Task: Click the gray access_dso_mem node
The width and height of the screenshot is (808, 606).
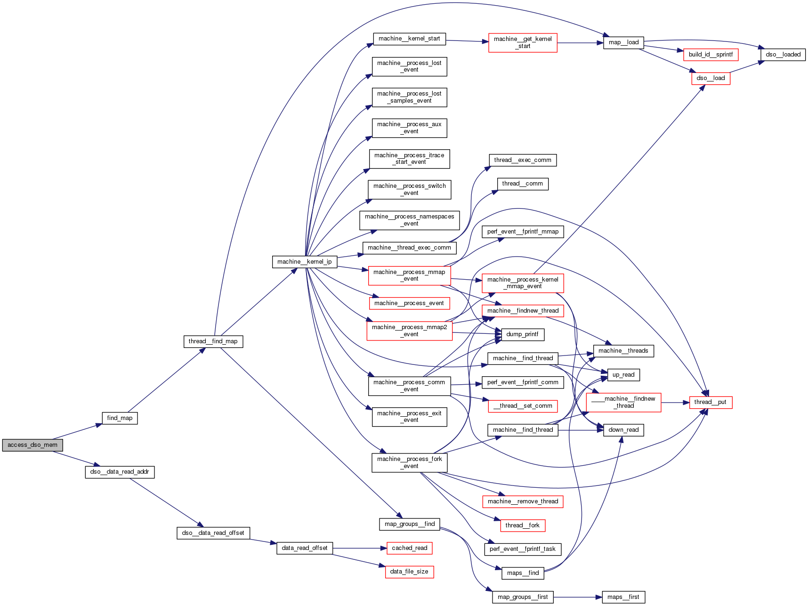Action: click(32, 445)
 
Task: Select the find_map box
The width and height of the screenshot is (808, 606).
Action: click(120, 418)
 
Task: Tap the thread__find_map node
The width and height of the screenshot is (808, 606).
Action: click(213, 341)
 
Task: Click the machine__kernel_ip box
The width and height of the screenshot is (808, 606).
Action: click(305, 262)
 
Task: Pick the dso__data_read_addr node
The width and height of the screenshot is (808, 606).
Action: click(120, 472)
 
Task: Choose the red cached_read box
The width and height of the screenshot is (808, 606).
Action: click(409, 548)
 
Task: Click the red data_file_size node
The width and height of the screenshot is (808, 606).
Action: click(409, 572)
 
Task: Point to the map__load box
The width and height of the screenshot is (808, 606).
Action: click(623, 42)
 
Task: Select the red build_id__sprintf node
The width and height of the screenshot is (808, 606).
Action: click(711, 55)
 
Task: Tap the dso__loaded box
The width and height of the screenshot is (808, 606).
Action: click(783, 55)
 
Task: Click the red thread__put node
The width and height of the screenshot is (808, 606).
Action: click(711, 402)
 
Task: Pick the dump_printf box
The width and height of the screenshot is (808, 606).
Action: click(522, 334)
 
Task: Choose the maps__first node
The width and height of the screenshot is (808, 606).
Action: click(623, 597)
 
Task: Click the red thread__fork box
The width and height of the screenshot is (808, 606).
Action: click(522, 525)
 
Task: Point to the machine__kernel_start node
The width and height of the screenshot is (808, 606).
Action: click(409, 39)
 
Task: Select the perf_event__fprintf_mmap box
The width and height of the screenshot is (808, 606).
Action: click(523, 232)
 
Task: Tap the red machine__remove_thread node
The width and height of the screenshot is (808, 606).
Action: click(523, 501)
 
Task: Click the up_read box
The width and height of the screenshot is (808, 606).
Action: click(623, 375)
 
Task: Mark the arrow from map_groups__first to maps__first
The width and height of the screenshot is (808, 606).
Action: click(578, 597)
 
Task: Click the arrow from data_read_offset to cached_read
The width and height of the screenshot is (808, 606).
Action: click(359, 548)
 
